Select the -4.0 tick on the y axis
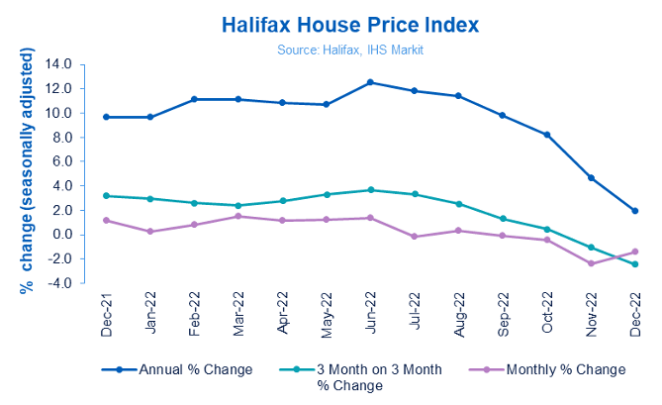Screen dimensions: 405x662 tap(61, 283)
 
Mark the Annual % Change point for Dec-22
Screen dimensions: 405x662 tap(634, 211)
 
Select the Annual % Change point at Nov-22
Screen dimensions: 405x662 tap(591, 178)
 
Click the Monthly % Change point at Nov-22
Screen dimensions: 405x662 tap(591, 263)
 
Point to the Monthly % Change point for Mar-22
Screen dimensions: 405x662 tap(238, 216)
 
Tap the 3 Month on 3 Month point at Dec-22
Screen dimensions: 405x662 tap(634, 264)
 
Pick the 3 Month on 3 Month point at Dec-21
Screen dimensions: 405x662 tap(107, 196)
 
